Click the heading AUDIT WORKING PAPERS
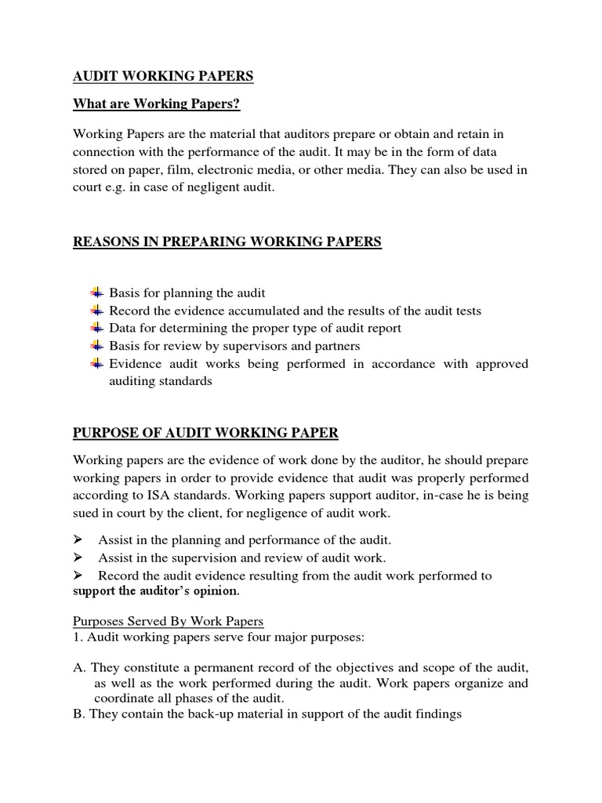163,76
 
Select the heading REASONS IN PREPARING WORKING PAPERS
227,242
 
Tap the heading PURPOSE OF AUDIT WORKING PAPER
205,433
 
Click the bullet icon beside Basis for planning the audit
96,292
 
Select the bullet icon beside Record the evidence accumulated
96,311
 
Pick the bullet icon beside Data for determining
96,328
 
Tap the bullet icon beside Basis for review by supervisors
96,346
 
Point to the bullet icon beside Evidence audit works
96,363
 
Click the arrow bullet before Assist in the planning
78,540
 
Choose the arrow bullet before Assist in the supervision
78,558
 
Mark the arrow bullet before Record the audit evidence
78,576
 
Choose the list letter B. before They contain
78,715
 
